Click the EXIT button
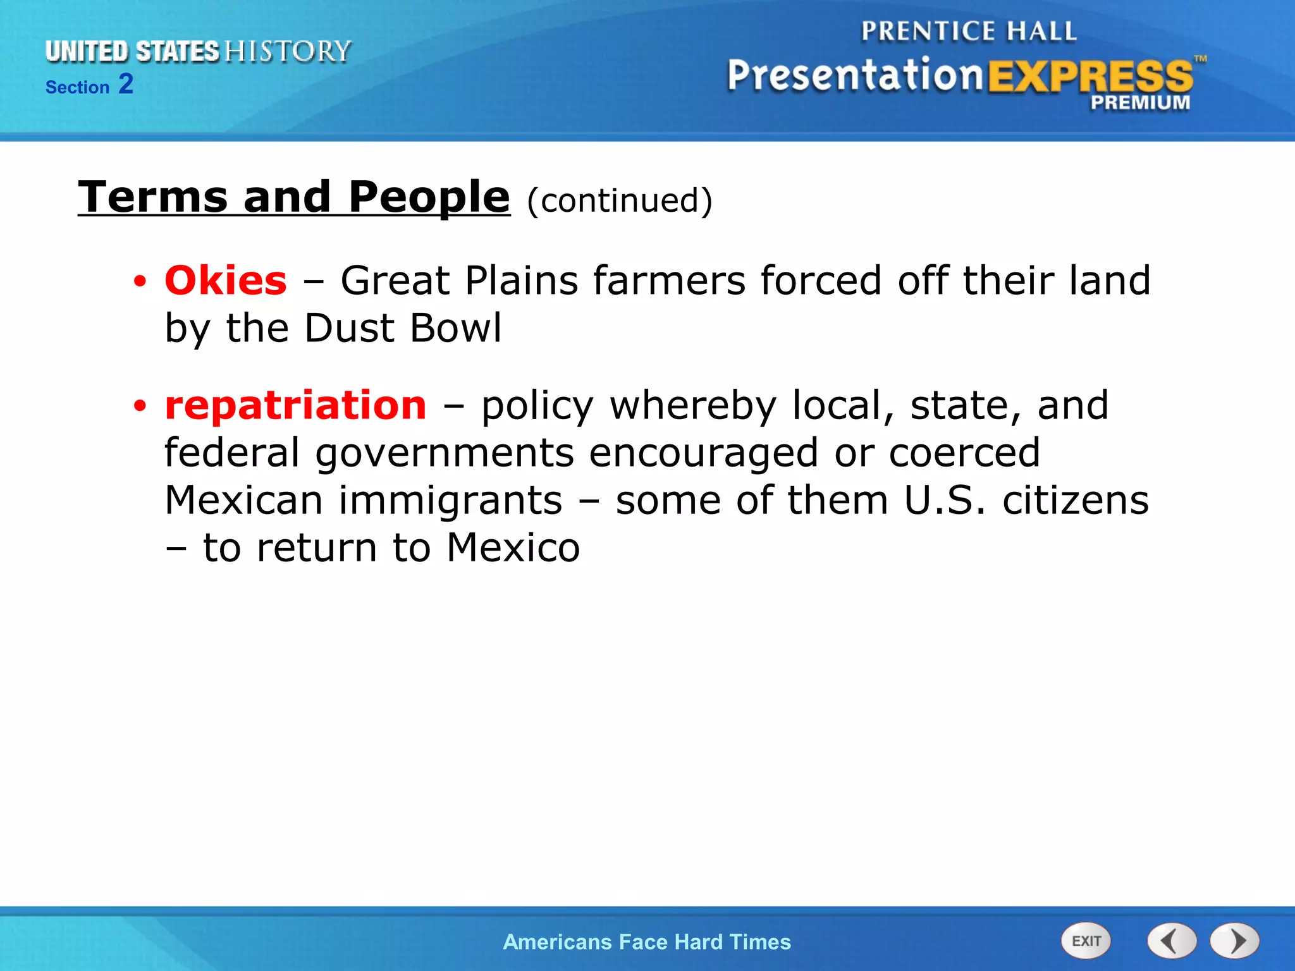coord(1086,941)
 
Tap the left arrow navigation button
coord(1172,941)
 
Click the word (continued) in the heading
coord(620,200)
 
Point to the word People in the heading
coord(429,197)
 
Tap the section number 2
coord(126,84)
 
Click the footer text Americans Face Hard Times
coord(647,942)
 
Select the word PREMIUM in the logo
coord(1140,102)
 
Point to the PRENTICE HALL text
coord(969,31)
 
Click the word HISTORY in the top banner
coord(288,51)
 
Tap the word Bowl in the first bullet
coord(455,328)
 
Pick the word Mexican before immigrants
coord(244,500)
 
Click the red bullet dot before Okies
coord(140,281)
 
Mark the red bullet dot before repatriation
coord(140,406)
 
